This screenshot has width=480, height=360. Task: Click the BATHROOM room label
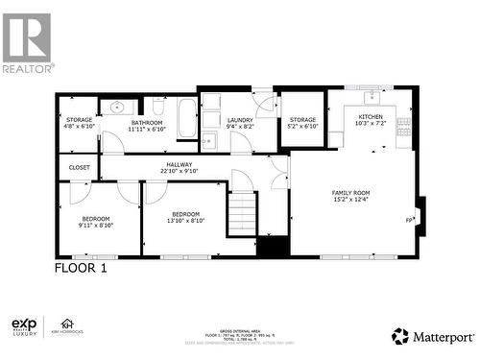coord(147,122)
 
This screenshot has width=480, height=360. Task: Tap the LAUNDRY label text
coord(239,119)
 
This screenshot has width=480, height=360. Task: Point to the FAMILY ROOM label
coord(351,193)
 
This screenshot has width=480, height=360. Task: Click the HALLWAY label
coord(178,164)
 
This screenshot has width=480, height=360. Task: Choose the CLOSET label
coord(79,167)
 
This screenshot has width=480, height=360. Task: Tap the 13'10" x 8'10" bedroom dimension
coord(186,221)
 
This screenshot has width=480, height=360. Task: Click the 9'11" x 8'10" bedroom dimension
coord(96,226)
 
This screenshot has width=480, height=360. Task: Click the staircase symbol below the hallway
coord(242,211)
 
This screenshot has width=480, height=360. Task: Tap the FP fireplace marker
coord(409,220)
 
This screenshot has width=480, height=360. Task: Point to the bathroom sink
coord(117,107)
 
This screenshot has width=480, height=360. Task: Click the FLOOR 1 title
coord(81,269)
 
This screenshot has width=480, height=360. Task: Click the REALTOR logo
coord(27,43)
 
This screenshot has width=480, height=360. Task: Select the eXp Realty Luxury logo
coord(23,327)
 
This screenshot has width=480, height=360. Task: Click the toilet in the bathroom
coord(158,107)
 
